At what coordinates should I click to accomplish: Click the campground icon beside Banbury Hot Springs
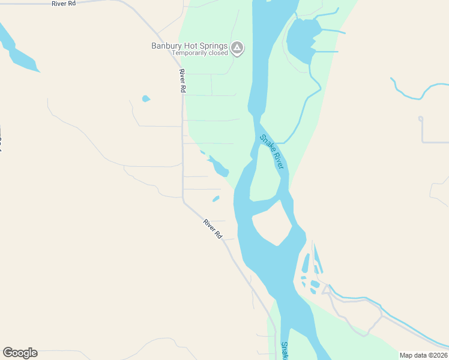click(237, 47)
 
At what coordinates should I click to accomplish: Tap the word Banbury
click(166, 46)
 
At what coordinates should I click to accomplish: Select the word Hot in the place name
click(191, 46)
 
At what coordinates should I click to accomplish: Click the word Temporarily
click(189, 53)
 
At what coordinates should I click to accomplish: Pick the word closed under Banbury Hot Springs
click(218, 53)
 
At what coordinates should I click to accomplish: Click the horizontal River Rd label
click(64, 4)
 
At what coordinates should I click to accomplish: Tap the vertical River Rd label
click(182, 80)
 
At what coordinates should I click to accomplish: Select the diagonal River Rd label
click(212, 229)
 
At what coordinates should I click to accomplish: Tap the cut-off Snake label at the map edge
click(285, 351)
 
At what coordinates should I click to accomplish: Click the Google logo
click(20, 353)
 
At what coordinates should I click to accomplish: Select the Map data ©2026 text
click(423, 355)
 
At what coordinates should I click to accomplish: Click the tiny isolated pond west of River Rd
click(145, 98)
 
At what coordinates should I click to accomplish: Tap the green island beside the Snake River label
click(265, 174)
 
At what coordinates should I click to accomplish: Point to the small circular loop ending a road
click(421, 119)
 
